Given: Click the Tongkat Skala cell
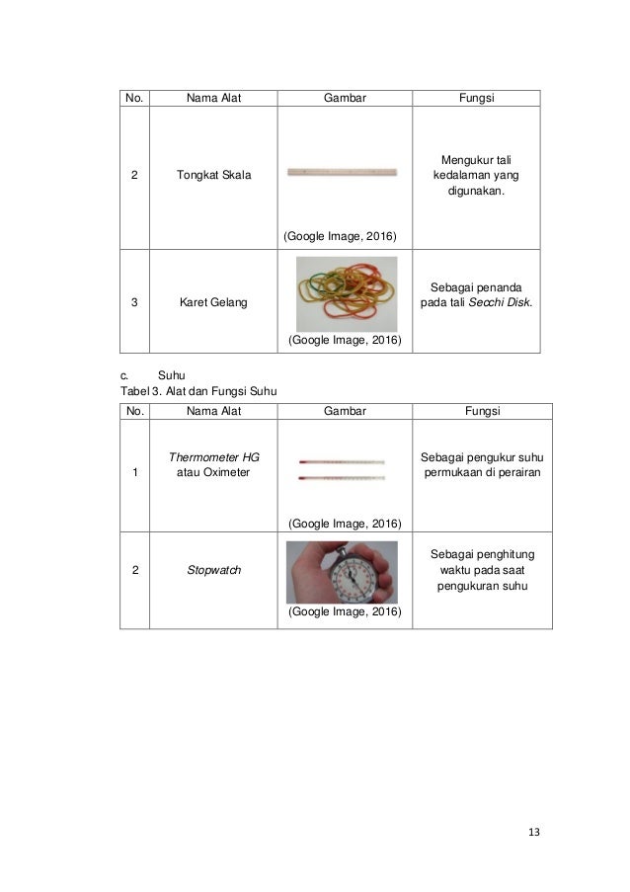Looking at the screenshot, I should [x=213, y=176].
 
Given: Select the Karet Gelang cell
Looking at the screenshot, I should [x=213, y=302].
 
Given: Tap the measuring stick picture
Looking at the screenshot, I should [x=342, y=172].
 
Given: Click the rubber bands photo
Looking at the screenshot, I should [x=347, y=294].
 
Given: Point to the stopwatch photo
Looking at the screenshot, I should [x=343, y=572].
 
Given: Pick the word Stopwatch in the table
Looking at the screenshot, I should [x=214, y=570].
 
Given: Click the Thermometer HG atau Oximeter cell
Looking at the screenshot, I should [x=214, y=465].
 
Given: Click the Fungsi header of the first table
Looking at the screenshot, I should [x=476, y=98].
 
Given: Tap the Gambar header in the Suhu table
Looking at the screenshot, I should [x=346, y=411].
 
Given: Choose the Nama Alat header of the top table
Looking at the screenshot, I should [x=213, y=98].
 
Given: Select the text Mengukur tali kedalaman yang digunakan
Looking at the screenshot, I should [x=476, y=175].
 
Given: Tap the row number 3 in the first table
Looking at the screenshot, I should [x=134, y=302].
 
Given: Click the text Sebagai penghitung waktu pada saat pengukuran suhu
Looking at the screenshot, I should [x=483, y=570].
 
